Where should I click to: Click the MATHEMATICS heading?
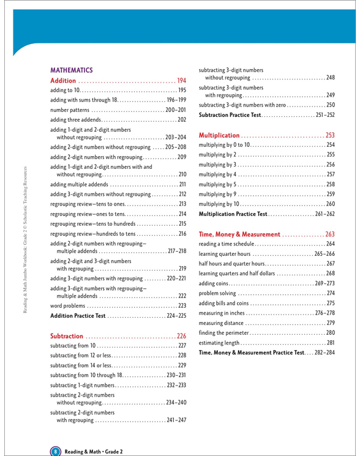[70, 70]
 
